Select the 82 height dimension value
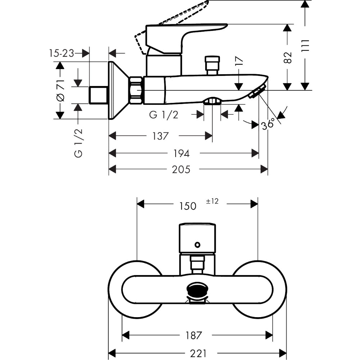pyautogui.click(x=287, y=58)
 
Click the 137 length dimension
pyautogui.click(x=160, y=136)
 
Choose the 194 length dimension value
pyautogui.click(x=181, y=153)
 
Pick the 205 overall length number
pyautogui.click(x=181, y=169)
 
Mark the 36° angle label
pyautogui.click(x=270, y=123)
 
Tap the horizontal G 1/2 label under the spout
pyautogui.click(x=163, y=115)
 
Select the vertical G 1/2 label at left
pyautogui.click(x=78, y=143)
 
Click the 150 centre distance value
pyautogui.click(x=188, y=206)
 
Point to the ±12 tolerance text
pyautogui.click(x=212, y=202)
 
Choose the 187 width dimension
pyautogui.click(x=194, y=335)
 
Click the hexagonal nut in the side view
pyautogui.click(x=136, y=90)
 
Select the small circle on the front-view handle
pyautogui.click(x=197, y=245)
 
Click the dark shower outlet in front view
pyautogui.click(x=197, y=290)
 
